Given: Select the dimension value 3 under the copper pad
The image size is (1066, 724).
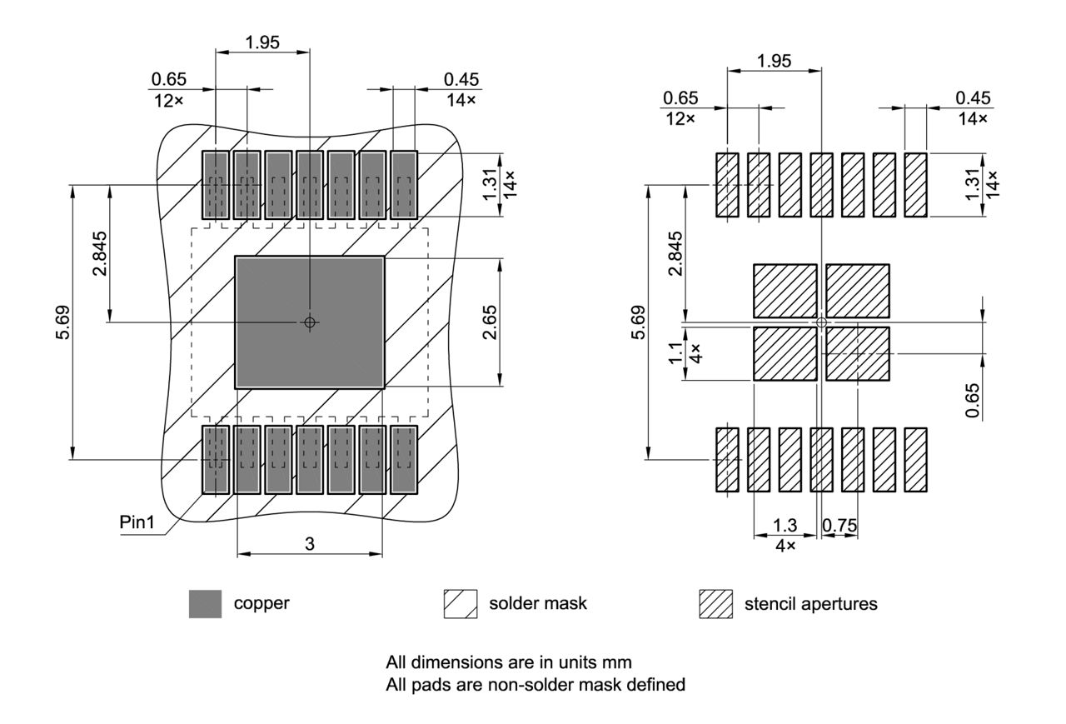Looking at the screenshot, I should pyautogui.click(x=310, y=544).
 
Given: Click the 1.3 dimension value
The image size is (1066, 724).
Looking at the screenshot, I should pyautogui.click(x=785, y=526).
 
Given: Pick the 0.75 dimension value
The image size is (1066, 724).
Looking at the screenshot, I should pyautogui.click(x=840, y=526).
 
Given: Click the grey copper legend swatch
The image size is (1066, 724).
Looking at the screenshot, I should pyautogui.click(x=206, y=604).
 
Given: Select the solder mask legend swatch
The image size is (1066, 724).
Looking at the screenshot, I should pyautogui.click(x=461, y=604).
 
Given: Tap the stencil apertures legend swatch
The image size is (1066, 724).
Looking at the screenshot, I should pyautogui.click(x=715, y=604).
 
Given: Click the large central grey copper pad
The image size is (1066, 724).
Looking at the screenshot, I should pyautogui.click(x=310, y=322).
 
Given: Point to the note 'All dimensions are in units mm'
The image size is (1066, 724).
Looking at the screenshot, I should pyautogui.click(x=508, y=663).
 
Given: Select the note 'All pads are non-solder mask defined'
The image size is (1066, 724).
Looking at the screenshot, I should pyautogui.click(x=535, y=685).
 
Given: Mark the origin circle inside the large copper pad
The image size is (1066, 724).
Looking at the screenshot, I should pyautogui.click(x=310, y=322).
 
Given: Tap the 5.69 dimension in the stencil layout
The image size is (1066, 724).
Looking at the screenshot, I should pyautogui.click(x=637, y=322).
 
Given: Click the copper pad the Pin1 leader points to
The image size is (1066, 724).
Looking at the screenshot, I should pyautogui.click(x=216, y=460).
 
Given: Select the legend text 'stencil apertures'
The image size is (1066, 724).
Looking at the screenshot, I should pyautogui.click(x=810, y=604).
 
